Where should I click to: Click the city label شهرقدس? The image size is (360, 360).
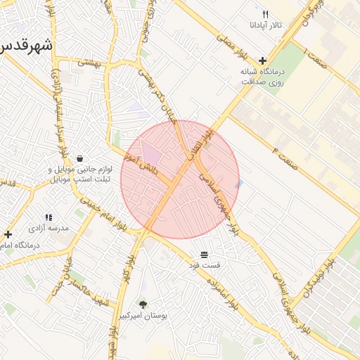tap(26, 44)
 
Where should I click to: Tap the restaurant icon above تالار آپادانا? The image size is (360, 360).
tap(265, 14)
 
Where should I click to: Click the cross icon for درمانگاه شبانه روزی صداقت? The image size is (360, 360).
tap(262, 61)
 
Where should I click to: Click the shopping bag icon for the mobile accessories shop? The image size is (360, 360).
tap(79, 158)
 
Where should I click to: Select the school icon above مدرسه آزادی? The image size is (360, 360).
tap(49, 218)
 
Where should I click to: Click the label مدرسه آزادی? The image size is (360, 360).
tap(49, 229)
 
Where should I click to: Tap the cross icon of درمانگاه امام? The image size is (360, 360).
tap(8, 234)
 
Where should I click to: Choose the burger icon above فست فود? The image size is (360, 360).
tap(204, 254)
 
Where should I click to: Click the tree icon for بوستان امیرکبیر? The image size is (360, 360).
tap(143, 305)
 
